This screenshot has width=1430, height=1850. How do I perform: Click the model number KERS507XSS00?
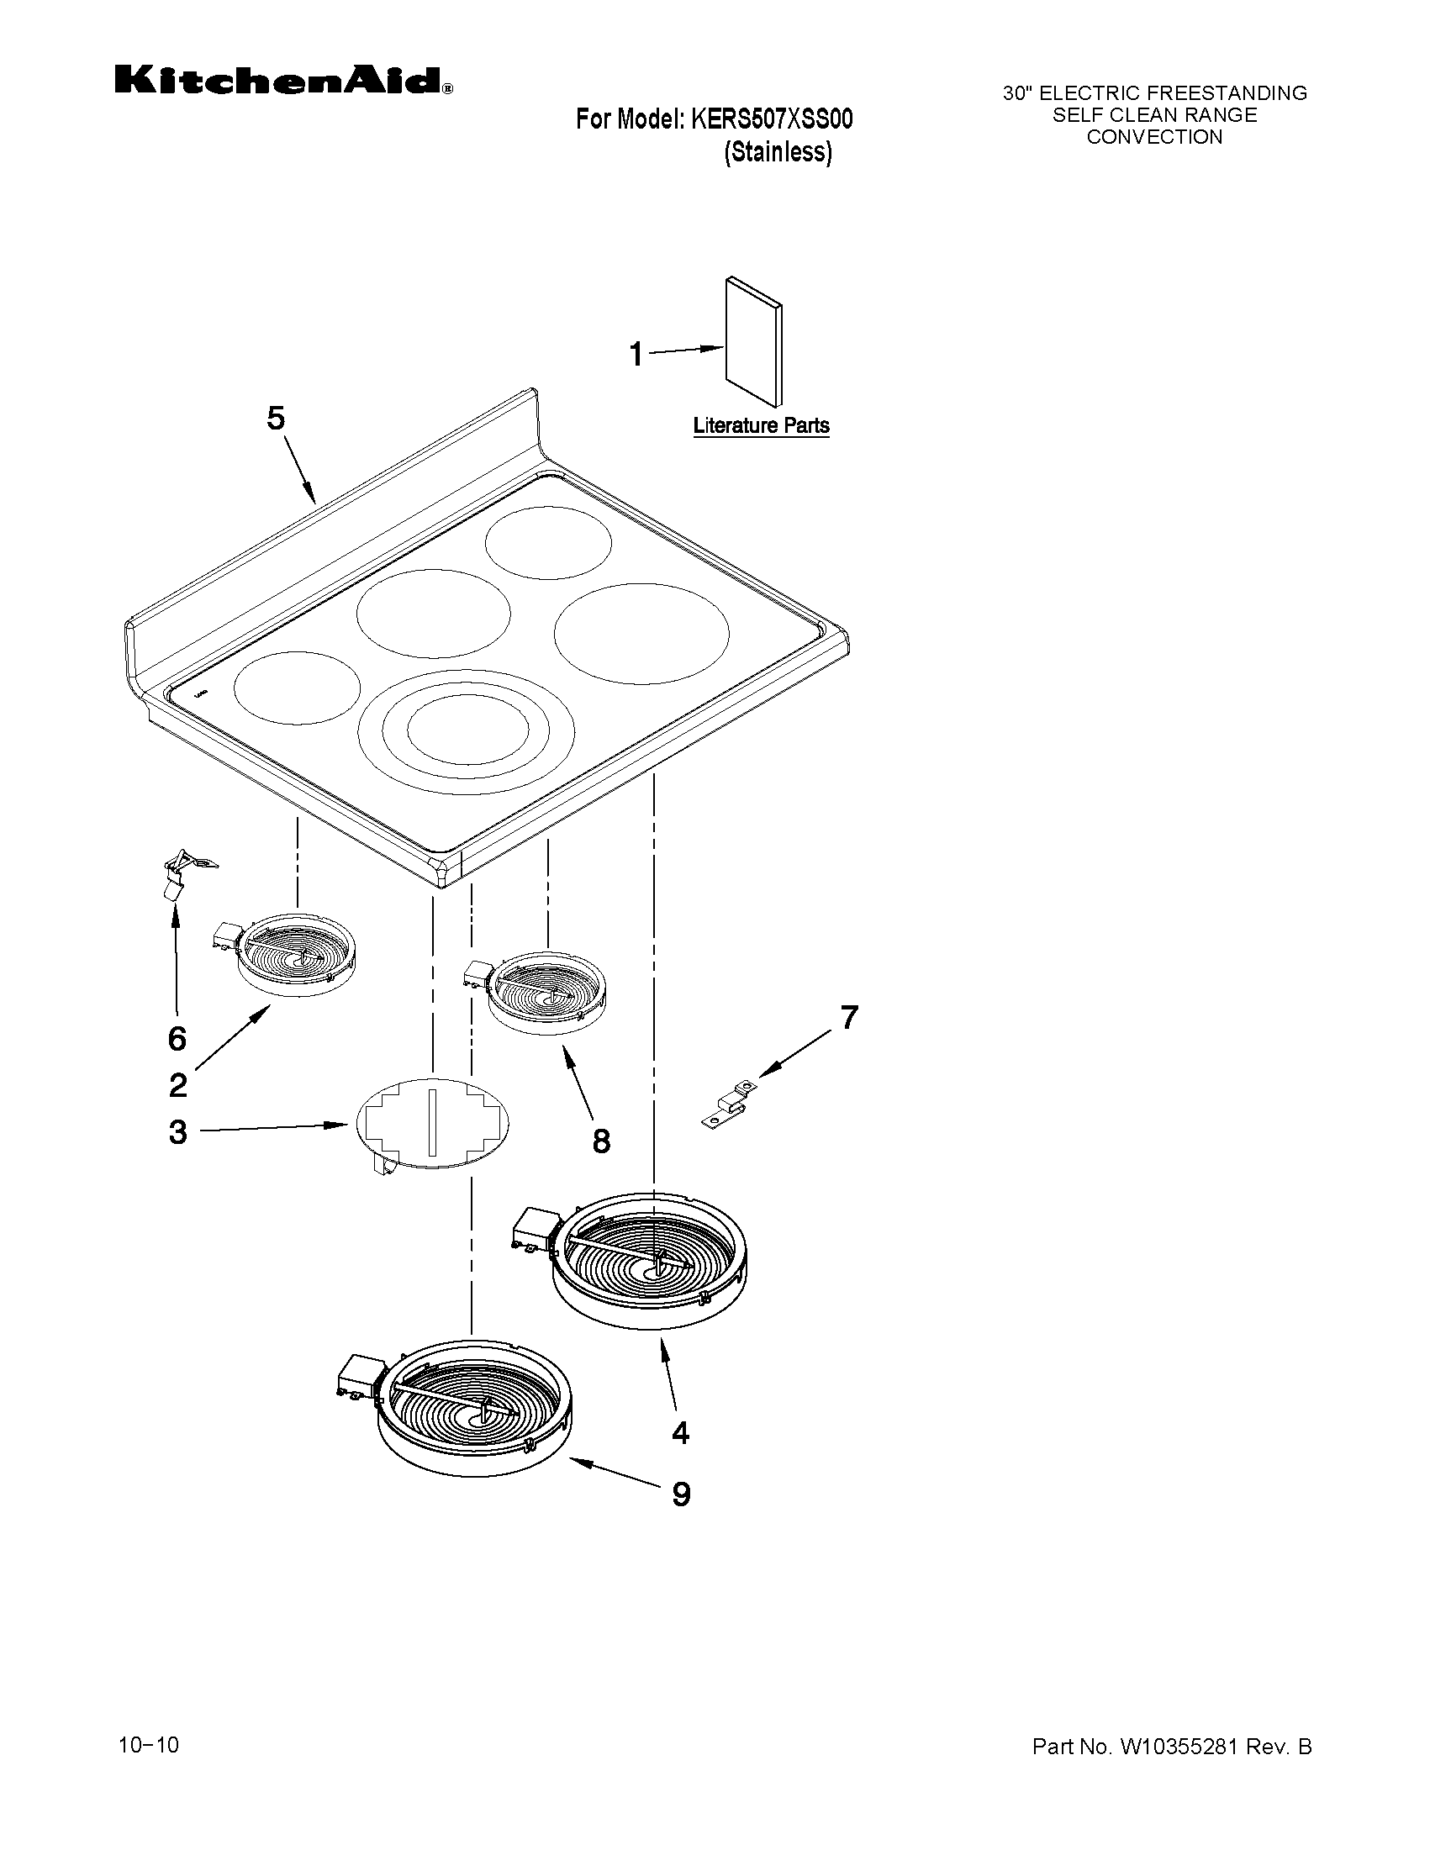(772, 119)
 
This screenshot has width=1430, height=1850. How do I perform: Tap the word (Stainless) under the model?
(778, 152)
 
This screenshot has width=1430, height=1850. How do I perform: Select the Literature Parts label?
(761, 425)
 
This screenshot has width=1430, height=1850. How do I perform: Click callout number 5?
(277, 418)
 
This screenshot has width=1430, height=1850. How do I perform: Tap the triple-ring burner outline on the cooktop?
(465, 732)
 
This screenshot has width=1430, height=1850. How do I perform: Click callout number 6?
(177, 1039)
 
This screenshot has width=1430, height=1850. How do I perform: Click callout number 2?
(178, 1085)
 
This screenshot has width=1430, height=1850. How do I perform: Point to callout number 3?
(178, 1131)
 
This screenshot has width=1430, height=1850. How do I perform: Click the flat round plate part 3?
(433, 1122)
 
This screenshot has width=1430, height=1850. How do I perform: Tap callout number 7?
(849, 1016)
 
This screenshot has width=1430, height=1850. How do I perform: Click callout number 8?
(601, 1141)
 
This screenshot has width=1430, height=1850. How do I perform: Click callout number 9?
(681, 1494)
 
